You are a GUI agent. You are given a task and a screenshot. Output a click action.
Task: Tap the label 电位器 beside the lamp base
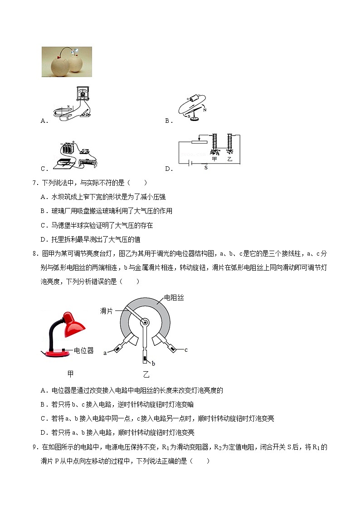(x=83, y=350)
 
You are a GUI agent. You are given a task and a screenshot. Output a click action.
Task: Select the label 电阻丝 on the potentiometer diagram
(x=174, y=298)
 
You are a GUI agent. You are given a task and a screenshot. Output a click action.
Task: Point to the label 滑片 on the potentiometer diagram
(x=107, y=311)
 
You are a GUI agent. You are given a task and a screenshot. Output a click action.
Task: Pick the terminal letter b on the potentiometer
(x=153, y=364)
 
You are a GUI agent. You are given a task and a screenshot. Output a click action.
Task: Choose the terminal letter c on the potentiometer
(x=186, y=350)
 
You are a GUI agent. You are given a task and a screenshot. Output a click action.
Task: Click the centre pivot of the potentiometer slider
(x=145, y=322)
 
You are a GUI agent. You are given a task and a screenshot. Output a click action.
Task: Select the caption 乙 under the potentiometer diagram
(x=146, y=374)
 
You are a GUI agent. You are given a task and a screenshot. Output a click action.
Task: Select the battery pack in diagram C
(x=69, y=148)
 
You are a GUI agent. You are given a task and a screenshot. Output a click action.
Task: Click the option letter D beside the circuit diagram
(x=168, y=169)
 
